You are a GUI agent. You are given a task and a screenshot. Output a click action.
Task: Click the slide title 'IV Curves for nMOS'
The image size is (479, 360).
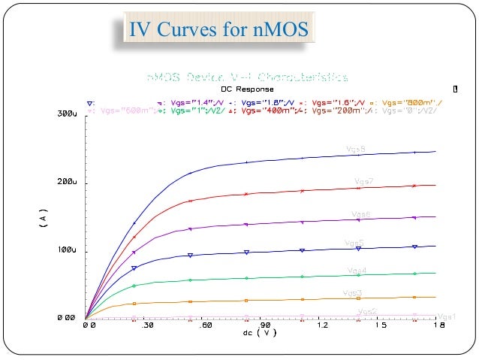coord(216,31)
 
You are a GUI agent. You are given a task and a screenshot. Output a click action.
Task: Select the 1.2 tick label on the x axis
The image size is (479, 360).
coord(323,327)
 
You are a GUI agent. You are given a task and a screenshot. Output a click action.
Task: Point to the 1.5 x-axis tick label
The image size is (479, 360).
coord(381,327)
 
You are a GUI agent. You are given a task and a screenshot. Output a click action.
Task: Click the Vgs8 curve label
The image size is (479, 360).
coord(356,150)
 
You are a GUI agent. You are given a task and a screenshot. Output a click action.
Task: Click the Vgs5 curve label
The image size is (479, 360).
coord(354,243)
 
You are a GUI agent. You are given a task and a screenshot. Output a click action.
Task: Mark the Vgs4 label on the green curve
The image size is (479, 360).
coord(357,270)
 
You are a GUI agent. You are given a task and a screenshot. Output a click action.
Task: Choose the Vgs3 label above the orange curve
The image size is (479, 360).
coord(353,292)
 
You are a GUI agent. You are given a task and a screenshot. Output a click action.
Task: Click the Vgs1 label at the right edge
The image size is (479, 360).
coord(447,316)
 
